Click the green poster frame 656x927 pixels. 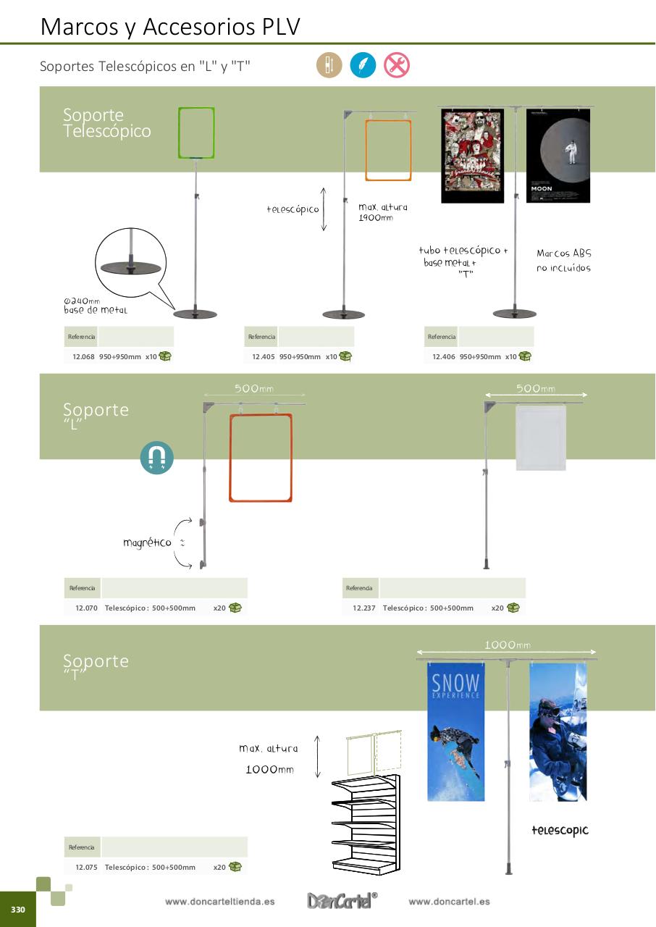pyautogui.click(x=196, y=133)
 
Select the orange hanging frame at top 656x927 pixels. pyautogui.click(x=388, y=150)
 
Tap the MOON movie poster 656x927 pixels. pyautogui.click(x=558, y=155)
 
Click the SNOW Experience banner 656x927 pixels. pyautogui.click(x=455, y=731)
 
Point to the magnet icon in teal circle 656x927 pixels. pyautogui.click(x=157, y=457)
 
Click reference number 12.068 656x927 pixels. pyautogui.click(x=84, y=356)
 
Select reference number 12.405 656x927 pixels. pyautogui.click(x=264, y=356)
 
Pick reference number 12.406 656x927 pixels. pyautogui.click(x=444, y=356)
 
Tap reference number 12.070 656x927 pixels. pyautogui.click(x=86, y=608)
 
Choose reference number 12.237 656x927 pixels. pyautogui.click(x=364, y=608)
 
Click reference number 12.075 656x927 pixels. pyautogui.click(x=86, y=867)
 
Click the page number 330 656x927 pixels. pyautogui.click(x=17, y=910)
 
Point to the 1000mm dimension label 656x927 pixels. pyautogui.click(x=507, y=645)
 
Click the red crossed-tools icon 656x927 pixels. pyautogui.click(x=396, y=65)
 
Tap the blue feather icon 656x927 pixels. pyautogui.click(x=363, y=65)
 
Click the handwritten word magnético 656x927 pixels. pyautogui.click(x=147, y=542)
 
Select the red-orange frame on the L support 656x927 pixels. pyautogui.click(x=261, y=458)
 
